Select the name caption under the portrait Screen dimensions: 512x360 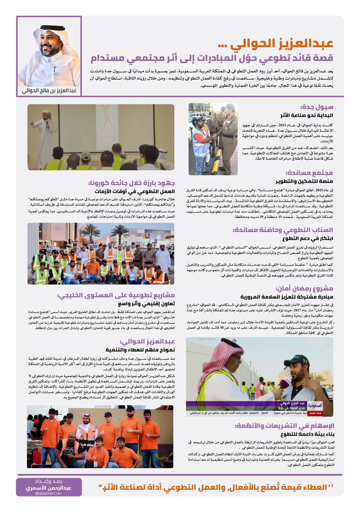(x=49, y=90)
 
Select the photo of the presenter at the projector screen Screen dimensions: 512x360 (x=101, y=137)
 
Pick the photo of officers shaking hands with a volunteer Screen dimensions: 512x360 (x=213, y=139)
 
